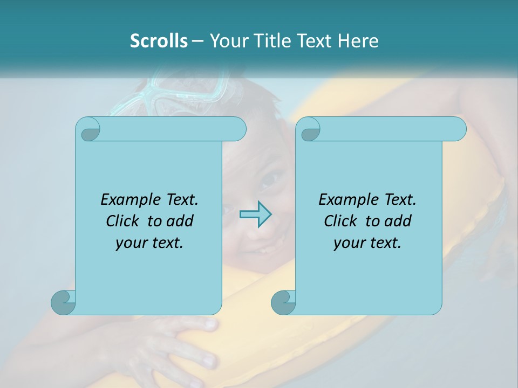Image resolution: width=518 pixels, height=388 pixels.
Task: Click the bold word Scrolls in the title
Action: point(159,41)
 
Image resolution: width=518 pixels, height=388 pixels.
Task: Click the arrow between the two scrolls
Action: point(255,214)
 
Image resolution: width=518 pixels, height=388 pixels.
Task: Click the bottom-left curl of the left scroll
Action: point(63,302)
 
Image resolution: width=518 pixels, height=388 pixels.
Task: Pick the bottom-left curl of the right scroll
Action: point(283,302)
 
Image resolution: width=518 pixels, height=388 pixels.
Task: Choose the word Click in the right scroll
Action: point(340,221)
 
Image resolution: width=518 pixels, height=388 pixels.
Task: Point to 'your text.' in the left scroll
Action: point(149,242)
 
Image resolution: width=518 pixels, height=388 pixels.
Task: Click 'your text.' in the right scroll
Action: point(367,242)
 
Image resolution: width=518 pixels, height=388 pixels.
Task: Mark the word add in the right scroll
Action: point(398,221)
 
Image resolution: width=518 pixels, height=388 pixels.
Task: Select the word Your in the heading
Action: point(227,41)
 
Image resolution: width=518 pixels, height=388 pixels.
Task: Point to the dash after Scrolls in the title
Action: point(197,41)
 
